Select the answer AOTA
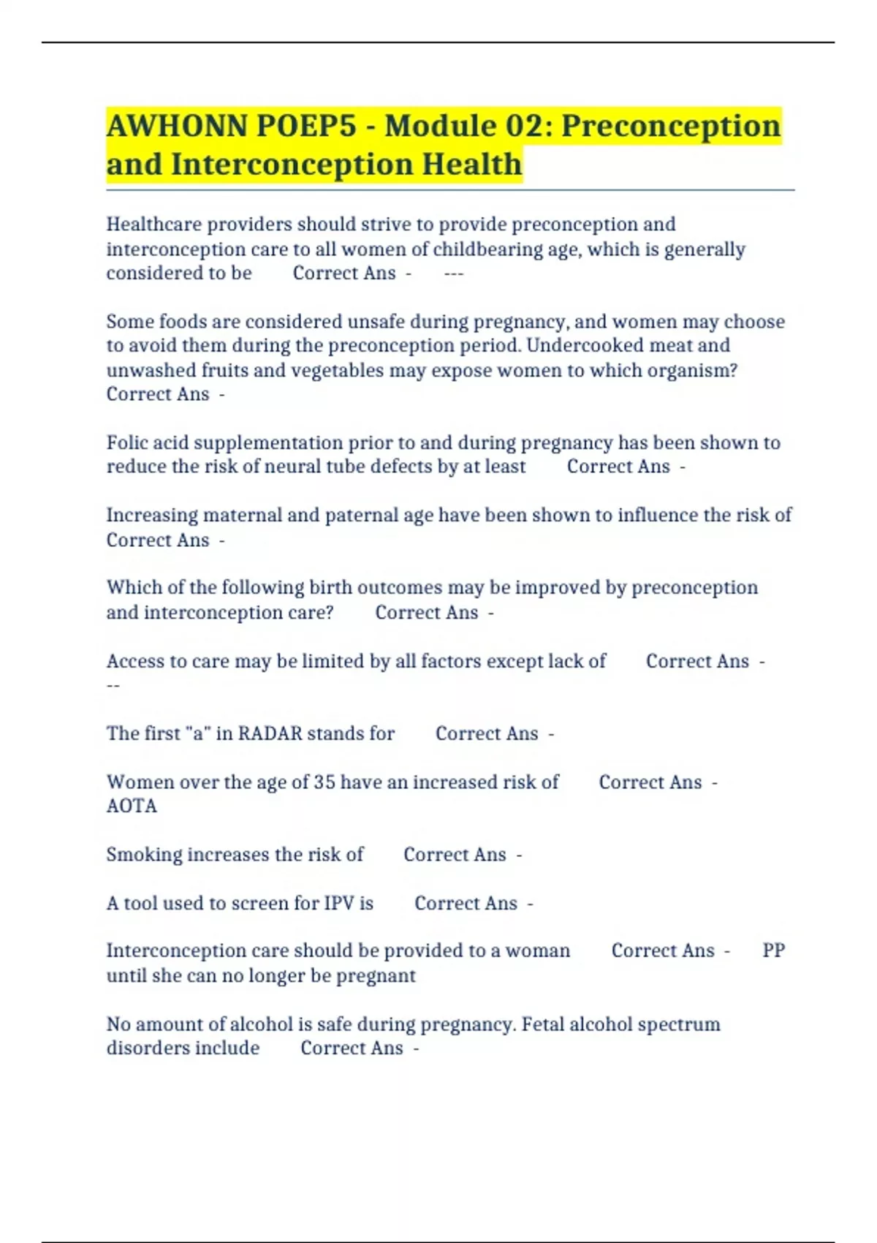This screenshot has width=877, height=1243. point(132,806)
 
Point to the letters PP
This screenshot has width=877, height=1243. point(773,951)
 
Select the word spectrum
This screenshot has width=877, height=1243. point(679,1024)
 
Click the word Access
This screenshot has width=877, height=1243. point(135,661)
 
